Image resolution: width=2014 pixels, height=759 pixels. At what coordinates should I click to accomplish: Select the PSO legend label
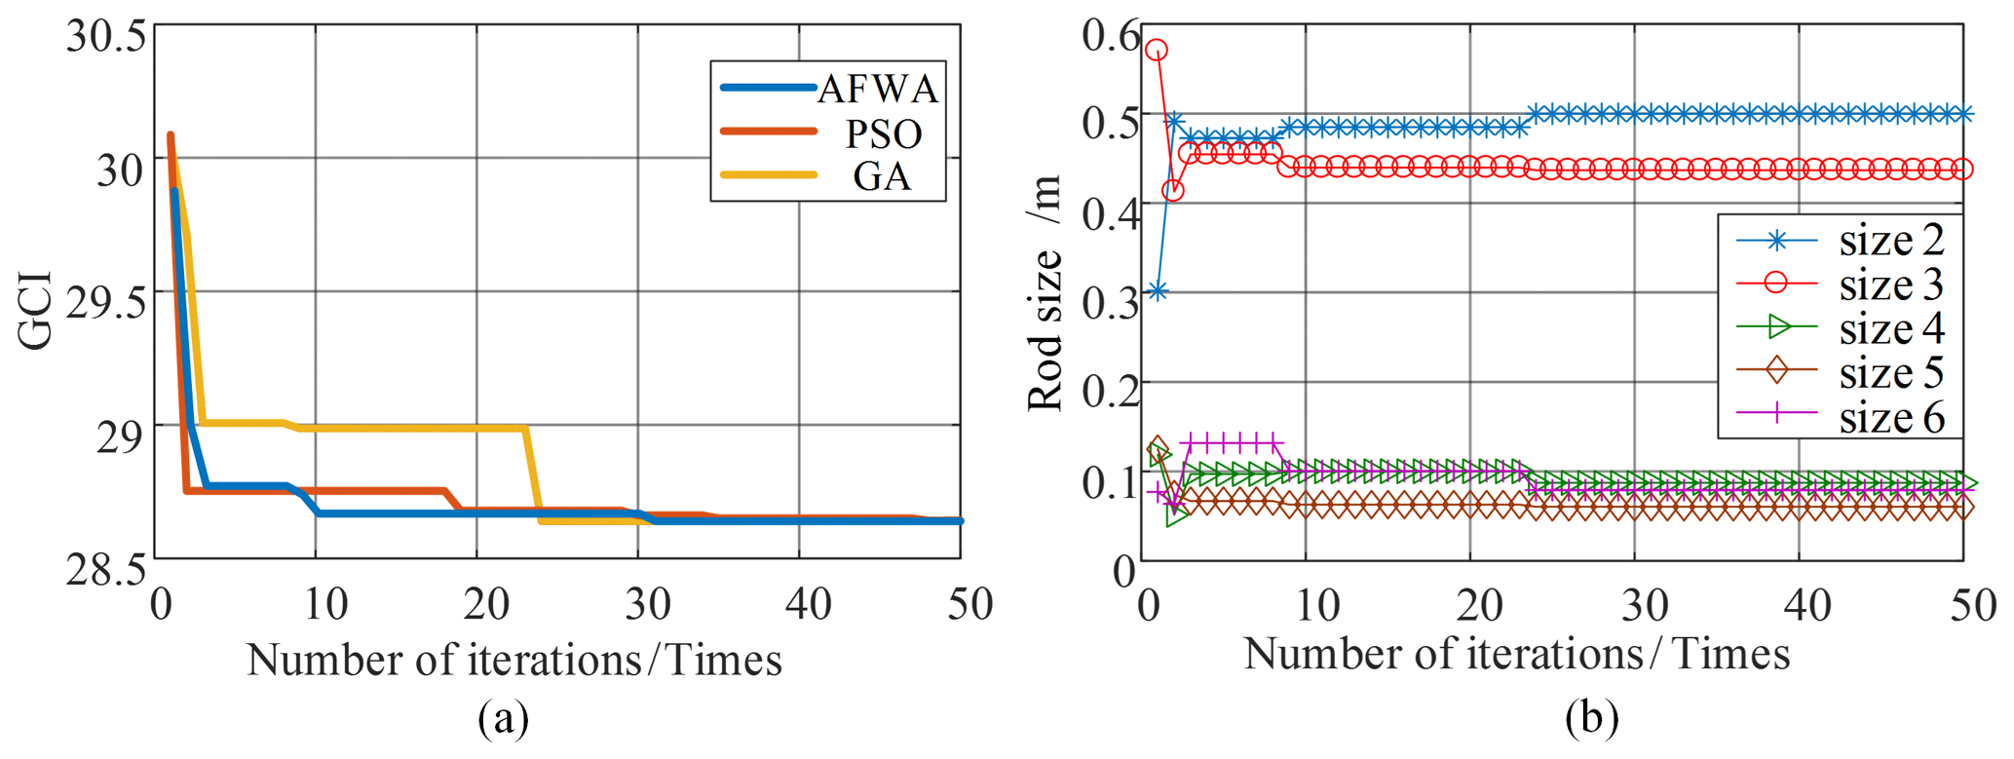(x=883, y=133)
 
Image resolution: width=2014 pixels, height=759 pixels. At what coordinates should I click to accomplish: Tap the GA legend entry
(x=882, y=176)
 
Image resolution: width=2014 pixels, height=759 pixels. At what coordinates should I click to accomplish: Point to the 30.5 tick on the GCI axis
(x=105, y=37)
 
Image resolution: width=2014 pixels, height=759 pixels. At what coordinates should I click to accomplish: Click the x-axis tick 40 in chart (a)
(x=808, y=605)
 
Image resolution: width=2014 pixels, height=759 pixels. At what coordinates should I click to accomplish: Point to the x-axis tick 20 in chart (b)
(x=1478, y=606)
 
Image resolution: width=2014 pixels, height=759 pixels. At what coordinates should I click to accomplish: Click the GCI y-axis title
(x=35, y=310)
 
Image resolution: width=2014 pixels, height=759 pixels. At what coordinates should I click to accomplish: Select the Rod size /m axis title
(x=1045, y=292)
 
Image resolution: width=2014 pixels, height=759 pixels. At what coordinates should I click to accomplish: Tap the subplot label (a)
(x=504, y=719)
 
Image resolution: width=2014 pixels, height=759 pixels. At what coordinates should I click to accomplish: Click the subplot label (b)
(x=1591, y=719)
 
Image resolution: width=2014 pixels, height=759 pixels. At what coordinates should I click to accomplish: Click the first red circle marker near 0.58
(x=1157, y=50)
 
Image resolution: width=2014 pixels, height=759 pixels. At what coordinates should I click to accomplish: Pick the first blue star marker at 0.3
(x=1157, y=291)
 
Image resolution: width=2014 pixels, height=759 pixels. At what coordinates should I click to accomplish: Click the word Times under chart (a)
(x=725, y=661)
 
